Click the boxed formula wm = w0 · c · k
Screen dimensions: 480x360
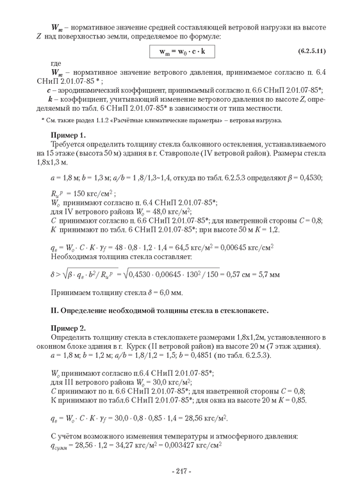[x=186, y=50]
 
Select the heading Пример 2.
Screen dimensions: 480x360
[x=67, y=327]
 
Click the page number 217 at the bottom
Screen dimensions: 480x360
[x=181, y=470]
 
